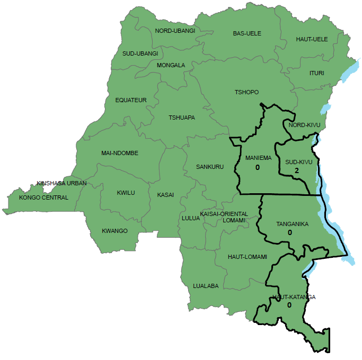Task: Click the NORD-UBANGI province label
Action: [175, 31]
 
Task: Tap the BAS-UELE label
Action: [247, 33]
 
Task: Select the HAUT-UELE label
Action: [312, 39]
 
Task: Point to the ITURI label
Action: [316, 73]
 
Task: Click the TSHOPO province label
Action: [246, 92]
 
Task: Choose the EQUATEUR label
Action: [131, 100]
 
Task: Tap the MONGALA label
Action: [171, 65]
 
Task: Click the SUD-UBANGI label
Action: [140, 53]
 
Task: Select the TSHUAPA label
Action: [182, 118]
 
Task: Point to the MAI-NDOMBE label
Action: [120, 153]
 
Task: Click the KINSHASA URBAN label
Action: [61, 183]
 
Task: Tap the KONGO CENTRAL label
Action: [43, 197]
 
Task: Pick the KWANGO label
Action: [115, 231]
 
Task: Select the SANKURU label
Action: [210, 167]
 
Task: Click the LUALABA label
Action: [206, 286]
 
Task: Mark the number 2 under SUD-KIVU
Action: [297, 170]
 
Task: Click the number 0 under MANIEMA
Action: [258, 167]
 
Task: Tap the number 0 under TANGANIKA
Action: [290, 232]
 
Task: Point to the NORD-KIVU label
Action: [304, 125]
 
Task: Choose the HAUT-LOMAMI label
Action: [247, 257]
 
